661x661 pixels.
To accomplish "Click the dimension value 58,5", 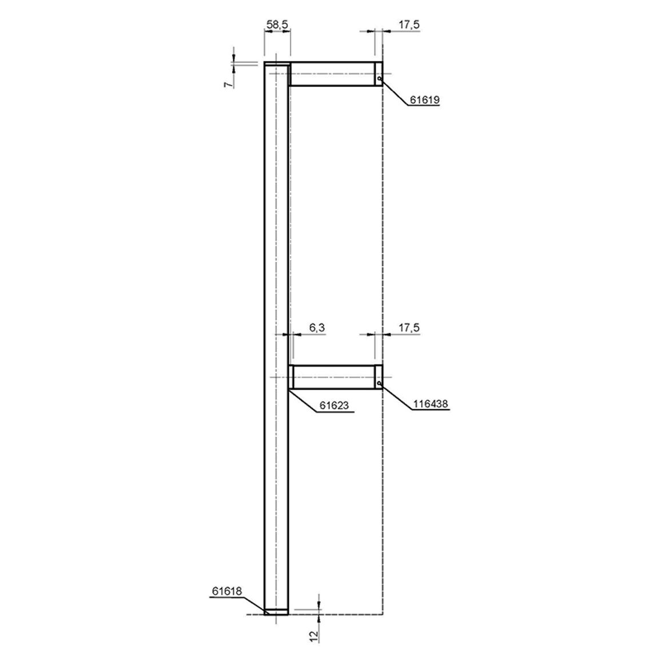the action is (x=277, y=25).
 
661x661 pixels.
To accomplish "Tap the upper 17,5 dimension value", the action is (x=409, y=25).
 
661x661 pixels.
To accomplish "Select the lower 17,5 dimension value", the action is (x=409, y=328).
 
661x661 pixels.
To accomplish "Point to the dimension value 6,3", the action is (x=317, y=328).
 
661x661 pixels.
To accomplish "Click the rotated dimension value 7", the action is (x=228, y=84).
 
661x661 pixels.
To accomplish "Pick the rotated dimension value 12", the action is (x=313, y=636).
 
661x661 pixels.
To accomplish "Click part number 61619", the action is (x=424, y=100).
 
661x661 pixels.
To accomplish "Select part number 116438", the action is (x=431, y=404).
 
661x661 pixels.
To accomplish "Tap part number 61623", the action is (x=335, y=405).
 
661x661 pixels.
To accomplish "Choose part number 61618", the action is (x=227, y=591).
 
